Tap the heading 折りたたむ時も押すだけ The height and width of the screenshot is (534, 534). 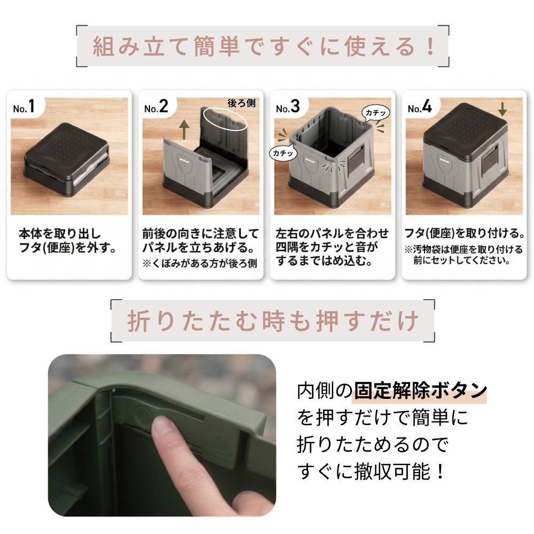click(x=273, y=321)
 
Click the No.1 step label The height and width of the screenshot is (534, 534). click(x=24, y=107)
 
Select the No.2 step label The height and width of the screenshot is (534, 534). click(x=156, y=107)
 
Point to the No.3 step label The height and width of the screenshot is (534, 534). click(x=288, y=107)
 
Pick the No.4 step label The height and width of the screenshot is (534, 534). click(x=420, y=107)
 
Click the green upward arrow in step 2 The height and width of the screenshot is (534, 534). click(x=184, y=129)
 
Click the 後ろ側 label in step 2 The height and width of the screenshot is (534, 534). click(x=241, y=103)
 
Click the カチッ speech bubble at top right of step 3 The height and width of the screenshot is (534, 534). click(x=375, y=113)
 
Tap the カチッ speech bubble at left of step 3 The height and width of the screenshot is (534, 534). click(x=283, y=153)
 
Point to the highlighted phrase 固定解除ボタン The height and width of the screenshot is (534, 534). click(x=421, y=391)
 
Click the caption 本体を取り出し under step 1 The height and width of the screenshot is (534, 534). click(x=60, y=234)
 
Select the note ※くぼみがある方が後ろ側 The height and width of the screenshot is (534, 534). click(x=200, y=263)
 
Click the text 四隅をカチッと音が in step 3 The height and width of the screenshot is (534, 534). click(x=327, y=247)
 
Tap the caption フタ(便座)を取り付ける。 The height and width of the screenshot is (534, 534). click(x=465, y=234)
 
